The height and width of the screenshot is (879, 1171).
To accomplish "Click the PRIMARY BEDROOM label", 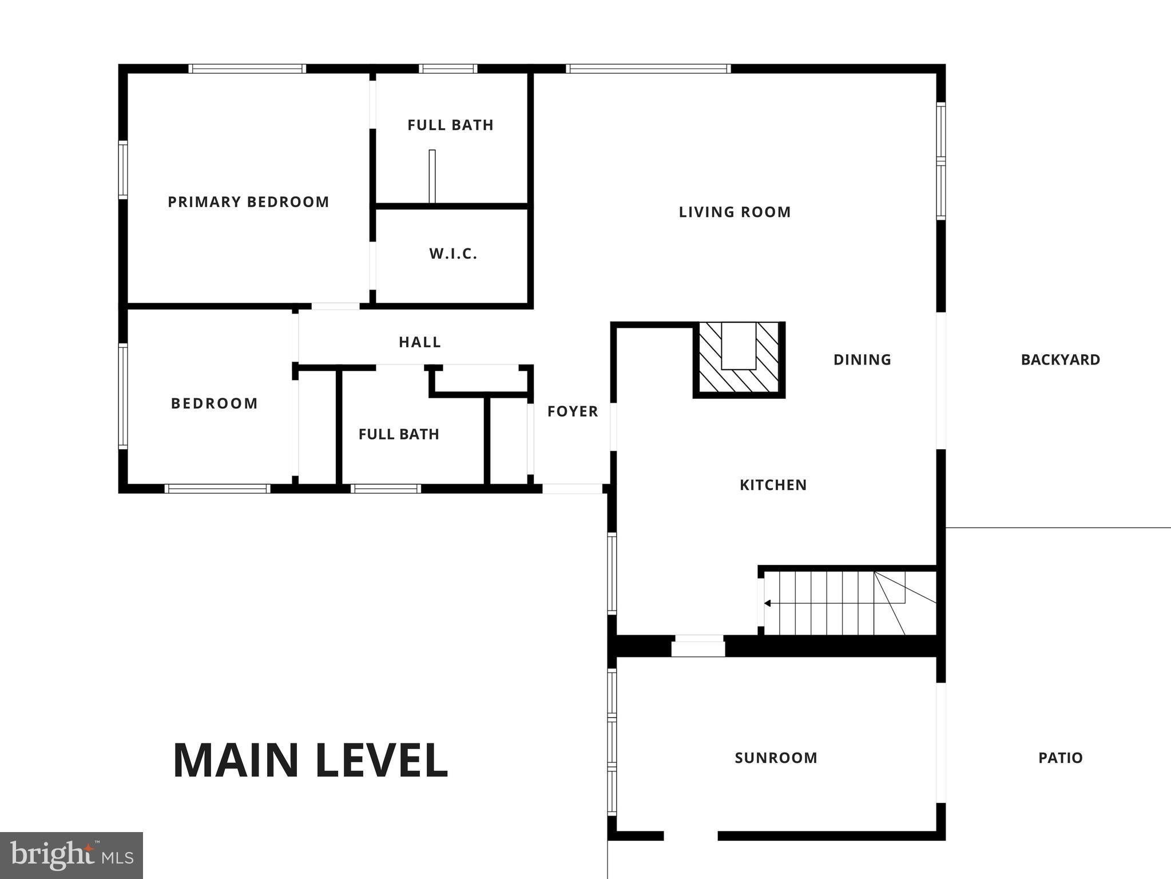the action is [x=248, y=202].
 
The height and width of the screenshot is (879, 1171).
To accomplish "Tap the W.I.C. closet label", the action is [x=453, y=254].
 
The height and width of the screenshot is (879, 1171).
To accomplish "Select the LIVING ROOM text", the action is [x=735, y=212].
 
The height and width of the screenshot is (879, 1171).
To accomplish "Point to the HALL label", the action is [x=420, y=342].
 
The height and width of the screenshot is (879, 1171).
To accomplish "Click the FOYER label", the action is [x=573, y=411].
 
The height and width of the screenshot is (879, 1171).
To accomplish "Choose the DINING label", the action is [x=862, y=360].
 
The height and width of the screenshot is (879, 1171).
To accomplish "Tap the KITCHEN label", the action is [x=773, y=485].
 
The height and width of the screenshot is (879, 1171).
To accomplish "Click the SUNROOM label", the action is [x=776, y=758].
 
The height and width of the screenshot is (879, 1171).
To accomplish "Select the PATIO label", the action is [x=1061, y=758].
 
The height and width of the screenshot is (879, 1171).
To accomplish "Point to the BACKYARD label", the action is [x=1061, y=360].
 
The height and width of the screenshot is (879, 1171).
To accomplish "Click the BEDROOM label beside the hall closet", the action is [x=215, y=403].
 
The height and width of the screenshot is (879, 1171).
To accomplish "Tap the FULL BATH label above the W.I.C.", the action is [x=450, y=125].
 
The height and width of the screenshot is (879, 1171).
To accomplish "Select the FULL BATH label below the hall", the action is [x=399, y=434].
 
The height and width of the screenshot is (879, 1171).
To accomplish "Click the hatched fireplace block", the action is [x=739, y=359].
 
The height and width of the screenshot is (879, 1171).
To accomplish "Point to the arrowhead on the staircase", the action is [x=768, y=603].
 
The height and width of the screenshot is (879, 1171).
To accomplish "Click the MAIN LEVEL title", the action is [x=310, y=761].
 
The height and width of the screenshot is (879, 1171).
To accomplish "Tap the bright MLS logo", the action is [x=72, y=856].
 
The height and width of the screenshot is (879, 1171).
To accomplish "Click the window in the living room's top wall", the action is [x=648, y=69].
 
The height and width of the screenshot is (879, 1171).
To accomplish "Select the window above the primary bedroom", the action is [x=247, y=69].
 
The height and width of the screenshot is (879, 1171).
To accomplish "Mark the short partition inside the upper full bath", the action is [x=432, y=176].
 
